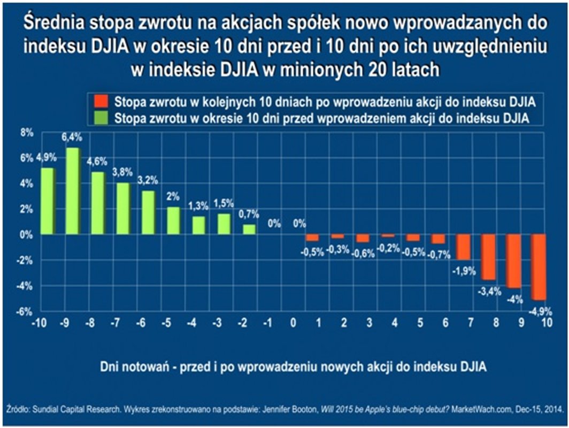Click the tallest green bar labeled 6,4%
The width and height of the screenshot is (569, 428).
73,191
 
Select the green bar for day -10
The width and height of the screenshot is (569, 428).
48,201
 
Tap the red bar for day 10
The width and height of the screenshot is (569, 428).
539,267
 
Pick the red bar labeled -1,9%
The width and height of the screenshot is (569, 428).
463,247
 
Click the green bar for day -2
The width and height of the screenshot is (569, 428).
249,229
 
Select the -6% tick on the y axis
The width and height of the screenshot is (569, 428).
26,312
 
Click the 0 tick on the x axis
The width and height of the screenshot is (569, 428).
293,323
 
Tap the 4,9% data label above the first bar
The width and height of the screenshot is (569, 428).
47,159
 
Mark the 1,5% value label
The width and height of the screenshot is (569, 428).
224,203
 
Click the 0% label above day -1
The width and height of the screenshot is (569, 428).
274,224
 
